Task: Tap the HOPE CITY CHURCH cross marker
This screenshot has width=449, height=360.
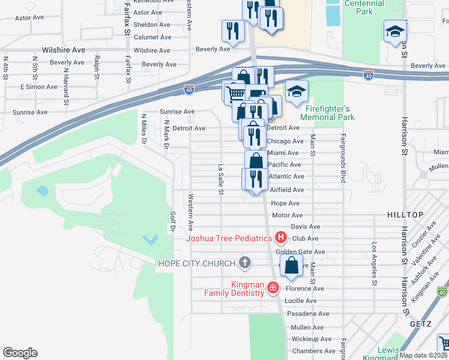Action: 244,263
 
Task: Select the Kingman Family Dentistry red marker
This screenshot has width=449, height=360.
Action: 273,288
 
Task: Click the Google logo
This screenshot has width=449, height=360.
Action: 20,353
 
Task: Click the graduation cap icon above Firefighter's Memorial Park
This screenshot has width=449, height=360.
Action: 297,91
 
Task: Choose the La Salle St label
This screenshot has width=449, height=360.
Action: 221,179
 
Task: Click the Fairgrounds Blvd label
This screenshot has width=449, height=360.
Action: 344,167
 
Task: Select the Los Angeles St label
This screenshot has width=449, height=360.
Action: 375,262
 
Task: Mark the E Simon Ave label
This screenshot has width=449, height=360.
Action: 38,87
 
